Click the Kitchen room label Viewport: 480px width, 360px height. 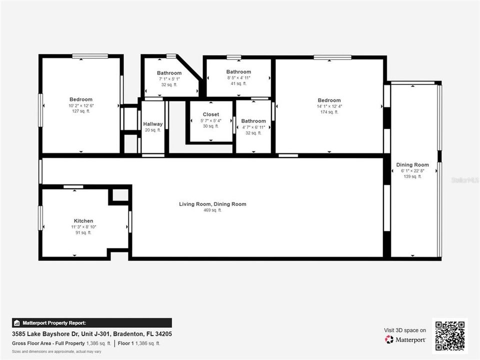(83, 220)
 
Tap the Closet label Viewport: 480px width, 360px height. (210, 114)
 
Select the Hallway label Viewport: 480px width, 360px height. (152, 124)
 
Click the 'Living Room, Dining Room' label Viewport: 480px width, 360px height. (212, 204)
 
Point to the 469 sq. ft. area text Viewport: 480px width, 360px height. (212, 210)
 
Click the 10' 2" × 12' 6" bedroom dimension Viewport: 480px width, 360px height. (80, 105)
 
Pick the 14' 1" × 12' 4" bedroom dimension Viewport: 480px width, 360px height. (329, 106)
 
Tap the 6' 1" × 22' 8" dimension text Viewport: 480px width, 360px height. (412, 170)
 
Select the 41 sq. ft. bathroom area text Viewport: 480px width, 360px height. (238, 83)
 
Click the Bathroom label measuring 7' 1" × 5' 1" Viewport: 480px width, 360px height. (169, 73)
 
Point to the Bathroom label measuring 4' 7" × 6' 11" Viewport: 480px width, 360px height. (253, 121)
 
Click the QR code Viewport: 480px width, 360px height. (449, 335)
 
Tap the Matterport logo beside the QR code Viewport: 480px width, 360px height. (405, 339)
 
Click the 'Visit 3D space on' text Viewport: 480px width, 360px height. (405, 330)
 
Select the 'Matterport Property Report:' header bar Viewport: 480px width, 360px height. (91, 323)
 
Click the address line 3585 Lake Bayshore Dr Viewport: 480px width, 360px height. (92, 334)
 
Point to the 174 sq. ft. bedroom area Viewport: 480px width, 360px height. (329, 112)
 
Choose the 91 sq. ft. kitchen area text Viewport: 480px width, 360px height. (83, 232)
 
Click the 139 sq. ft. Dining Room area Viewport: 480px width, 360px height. (412, 176)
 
